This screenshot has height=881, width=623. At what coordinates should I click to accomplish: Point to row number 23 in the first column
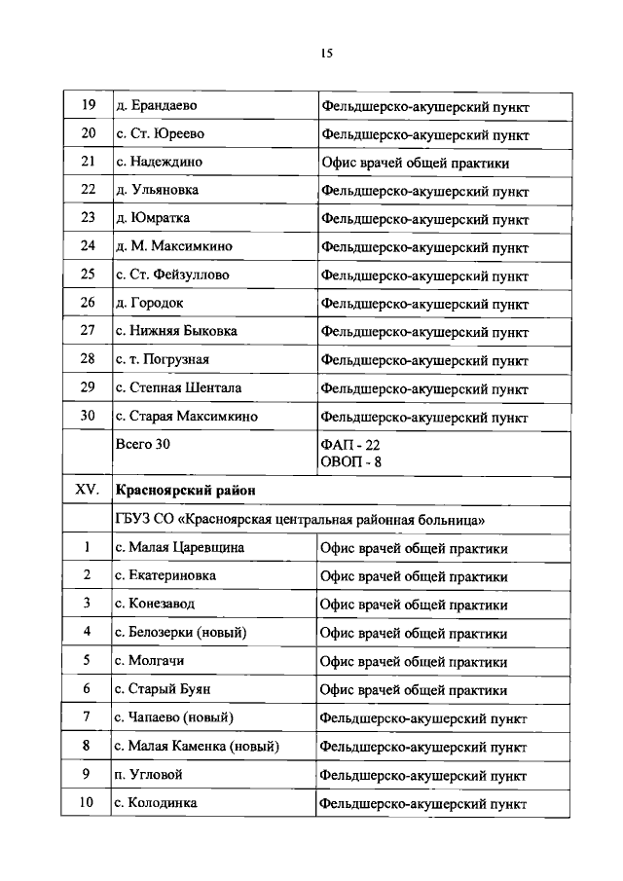pyautogui.click(x=88, y=218)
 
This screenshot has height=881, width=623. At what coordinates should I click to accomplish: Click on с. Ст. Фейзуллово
pyautogui.click(x=172, y=275)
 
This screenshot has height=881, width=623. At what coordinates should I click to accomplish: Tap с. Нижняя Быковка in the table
pyautogui.click(x=175, y=331)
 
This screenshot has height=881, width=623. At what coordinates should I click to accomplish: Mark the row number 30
pyautogui.click(x=88, y=416)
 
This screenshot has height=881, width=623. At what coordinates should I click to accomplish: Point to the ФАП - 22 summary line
pyautogui.click(x=350, y=445)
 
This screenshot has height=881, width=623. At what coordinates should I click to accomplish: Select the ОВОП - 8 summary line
pyautogui.click(x=351, y=461)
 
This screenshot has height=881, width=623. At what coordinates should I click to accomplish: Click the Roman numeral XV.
pyautogui.click(x=88, y=490)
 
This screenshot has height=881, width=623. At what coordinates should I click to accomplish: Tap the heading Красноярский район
pyautogui.click(x=185, y=490)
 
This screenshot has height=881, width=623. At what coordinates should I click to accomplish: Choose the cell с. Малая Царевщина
pyautogui.click(x=179, y=548)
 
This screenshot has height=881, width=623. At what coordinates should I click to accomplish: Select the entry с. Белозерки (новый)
pyautogui.click(x=180, y=633)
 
